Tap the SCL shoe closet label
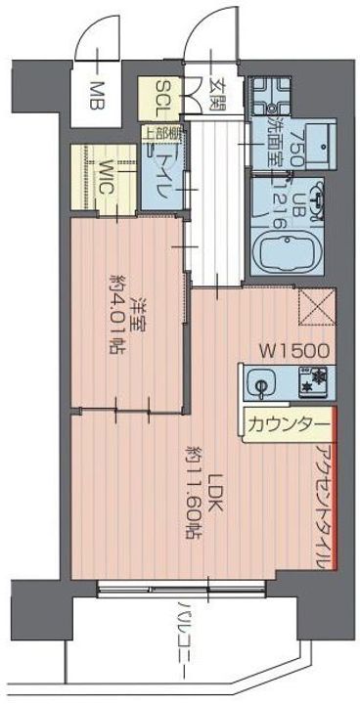pos(161,97)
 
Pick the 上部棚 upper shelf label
pos(159,136)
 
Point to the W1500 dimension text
pos(292,348)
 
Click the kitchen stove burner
pos(318,380)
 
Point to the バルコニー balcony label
pos(183,636)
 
